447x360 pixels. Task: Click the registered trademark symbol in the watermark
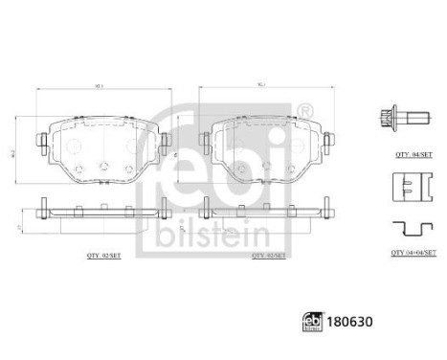click(305, 114)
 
